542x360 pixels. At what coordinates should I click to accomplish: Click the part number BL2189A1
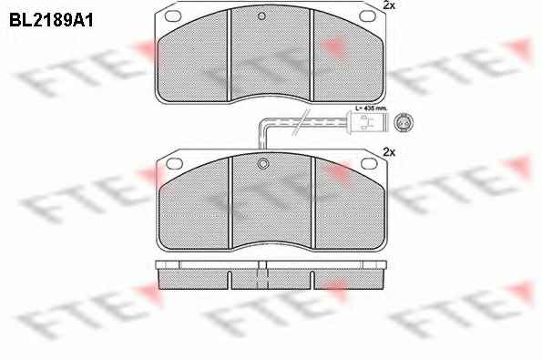click(x=51, y=21)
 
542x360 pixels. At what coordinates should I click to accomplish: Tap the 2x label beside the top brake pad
click(x=389, y=5)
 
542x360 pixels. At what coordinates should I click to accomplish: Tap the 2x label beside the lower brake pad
click(x=389, y=152)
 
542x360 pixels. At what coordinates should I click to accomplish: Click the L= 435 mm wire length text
click(x=372, y=108)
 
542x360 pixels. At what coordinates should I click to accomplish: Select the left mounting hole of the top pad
click(x=173, y=15)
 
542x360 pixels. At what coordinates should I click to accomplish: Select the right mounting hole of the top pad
click(x=367, y=15)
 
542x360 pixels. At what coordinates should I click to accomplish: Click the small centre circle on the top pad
click(x=261, y=15)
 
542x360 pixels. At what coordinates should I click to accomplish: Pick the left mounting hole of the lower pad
click(x=174, y=163)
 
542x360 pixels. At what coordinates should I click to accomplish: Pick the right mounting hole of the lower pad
click(x=369, y=163)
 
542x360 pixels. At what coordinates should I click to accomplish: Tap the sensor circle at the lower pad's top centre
click(x=263, y=163)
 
